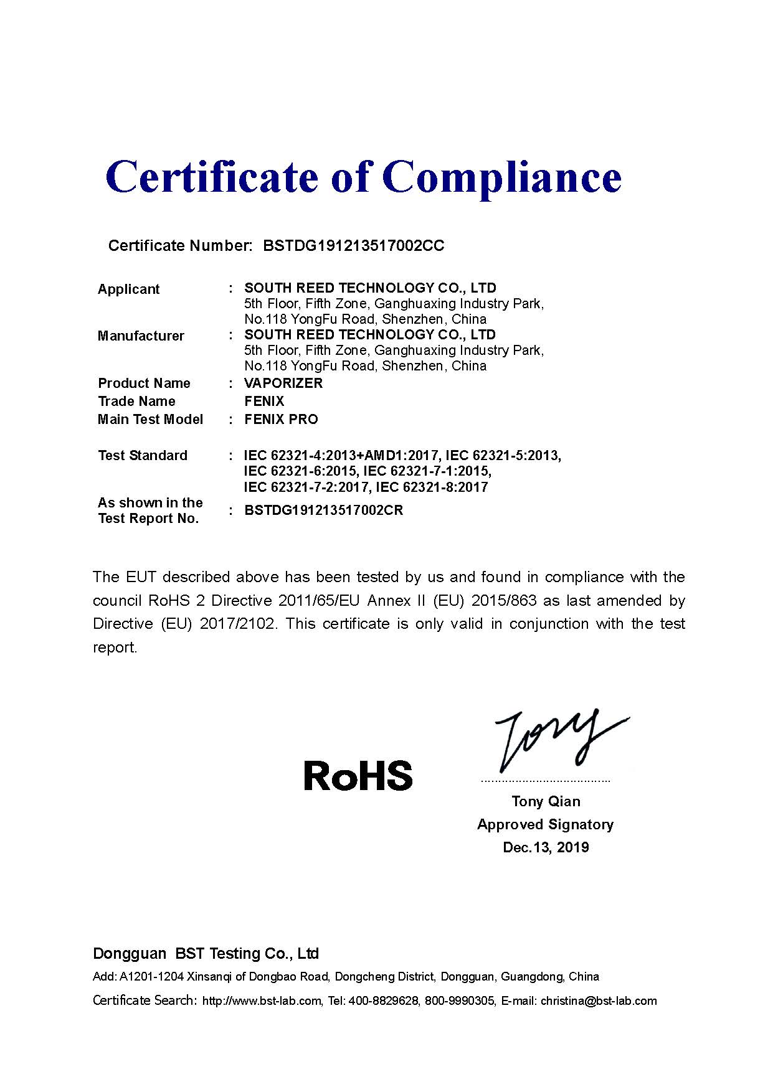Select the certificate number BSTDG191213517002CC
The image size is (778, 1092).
pos(354,246)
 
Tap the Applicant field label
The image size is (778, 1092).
pos(128,289)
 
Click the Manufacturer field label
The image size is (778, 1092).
pos(141,336)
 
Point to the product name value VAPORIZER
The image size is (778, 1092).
pos(283,383)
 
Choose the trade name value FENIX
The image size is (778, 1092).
pos(264,402)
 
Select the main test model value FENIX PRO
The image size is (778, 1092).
pos(281,420)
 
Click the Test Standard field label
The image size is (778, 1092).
pos(143,456)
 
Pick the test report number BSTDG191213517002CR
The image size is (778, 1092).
pos(324,511)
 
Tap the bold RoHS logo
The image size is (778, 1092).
pos(358,776)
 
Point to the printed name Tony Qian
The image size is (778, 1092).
pos(546,801)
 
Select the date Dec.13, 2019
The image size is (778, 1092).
pos(546,847)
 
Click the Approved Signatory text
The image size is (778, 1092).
pos(546,824)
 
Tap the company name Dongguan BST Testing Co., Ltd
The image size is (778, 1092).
pos(206,954)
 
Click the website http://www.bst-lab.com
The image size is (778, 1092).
pos(261,1001)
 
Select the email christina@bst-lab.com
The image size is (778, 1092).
pos(599,1001)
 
